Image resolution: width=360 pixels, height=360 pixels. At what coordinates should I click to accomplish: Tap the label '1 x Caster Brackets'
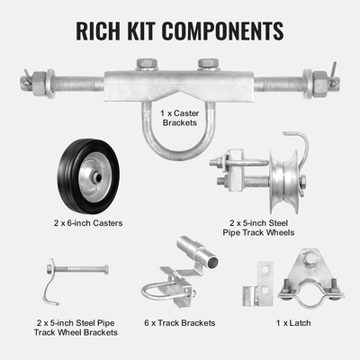tap(180, 118)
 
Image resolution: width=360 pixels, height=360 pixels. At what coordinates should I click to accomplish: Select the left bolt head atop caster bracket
tap(146, 64)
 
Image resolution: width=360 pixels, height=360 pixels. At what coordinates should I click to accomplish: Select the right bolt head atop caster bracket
tap(208, 64)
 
